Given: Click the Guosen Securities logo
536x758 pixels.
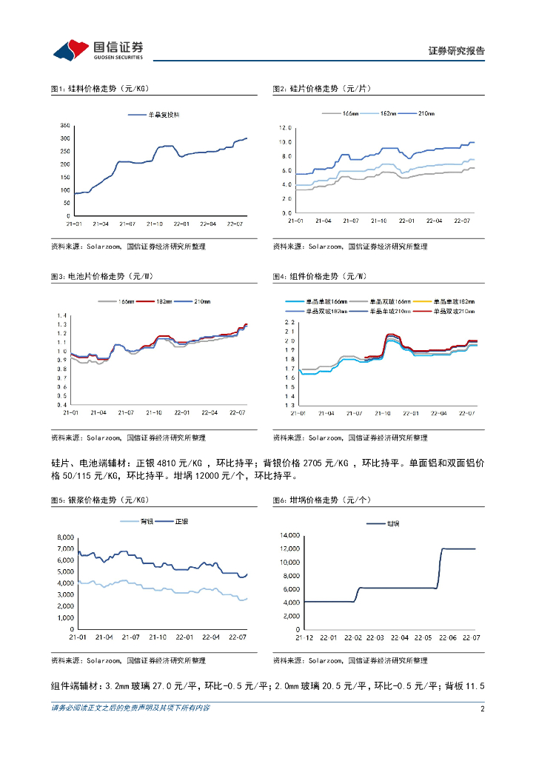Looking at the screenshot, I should pos(96,50).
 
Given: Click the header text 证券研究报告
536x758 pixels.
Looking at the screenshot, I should pos(457,51).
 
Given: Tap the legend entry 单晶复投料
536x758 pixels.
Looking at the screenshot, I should pos(164,115).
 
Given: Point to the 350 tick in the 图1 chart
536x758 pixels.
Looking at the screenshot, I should pos(65,127).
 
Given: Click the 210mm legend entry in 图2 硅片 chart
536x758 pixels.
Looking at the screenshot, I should pos(426,113).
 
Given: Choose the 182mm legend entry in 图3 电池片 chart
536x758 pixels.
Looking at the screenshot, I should pos(164,301).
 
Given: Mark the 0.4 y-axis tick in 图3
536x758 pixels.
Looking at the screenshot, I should pos(62,405).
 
